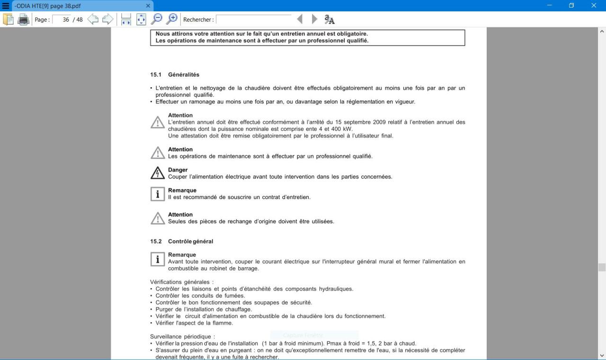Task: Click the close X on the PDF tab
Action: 148,6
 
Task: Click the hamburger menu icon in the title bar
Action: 6,6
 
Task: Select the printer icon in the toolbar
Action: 23,19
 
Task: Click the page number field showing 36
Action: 62,19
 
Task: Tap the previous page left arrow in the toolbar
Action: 93,19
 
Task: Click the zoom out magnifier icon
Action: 156,19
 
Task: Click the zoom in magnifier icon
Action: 172,19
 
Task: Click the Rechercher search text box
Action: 254,19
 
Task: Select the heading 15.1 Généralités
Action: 175,75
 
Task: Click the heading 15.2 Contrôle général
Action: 182,242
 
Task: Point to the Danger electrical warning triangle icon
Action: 158,173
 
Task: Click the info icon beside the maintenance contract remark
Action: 158,194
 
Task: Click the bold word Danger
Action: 178,170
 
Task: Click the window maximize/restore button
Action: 571,6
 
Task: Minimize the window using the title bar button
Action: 550,6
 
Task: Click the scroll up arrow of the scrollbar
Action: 602,31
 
